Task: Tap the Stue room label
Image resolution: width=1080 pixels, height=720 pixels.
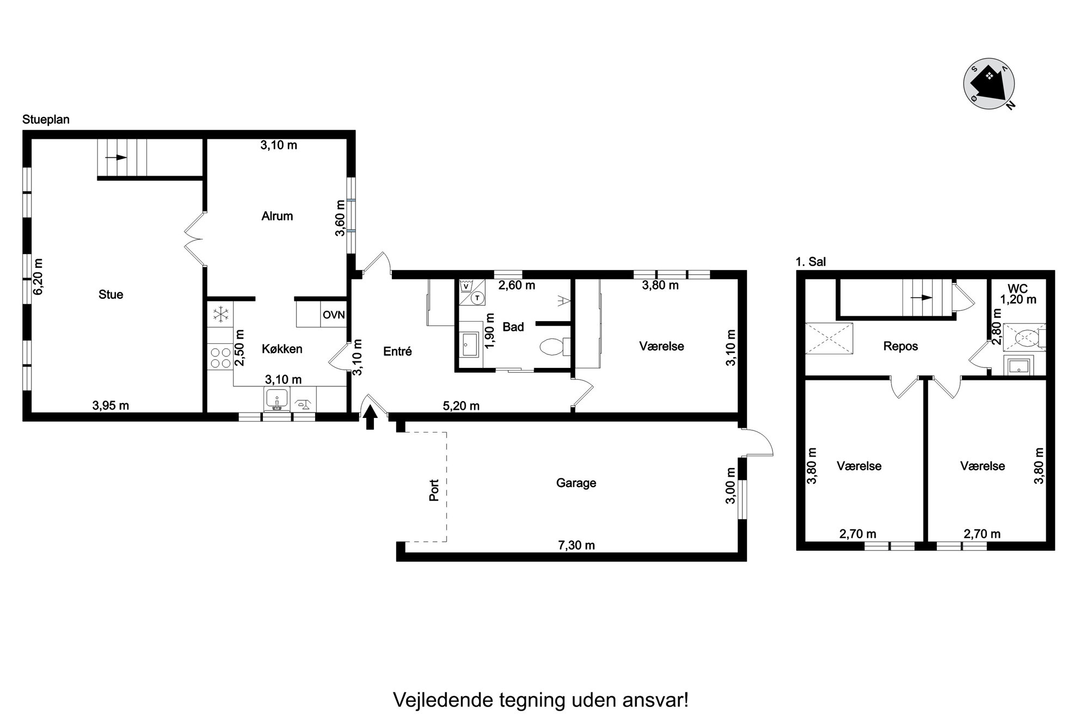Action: (x=111, y=295)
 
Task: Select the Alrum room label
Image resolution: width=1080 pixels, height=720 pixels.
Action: (x=277, y=216)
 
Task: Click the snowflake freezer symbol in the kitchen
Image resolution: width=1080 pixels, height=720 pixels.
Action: (x=220, y=314)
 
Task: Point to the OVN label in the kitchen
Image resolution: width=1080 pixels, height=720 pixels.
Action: (x=333, y=315)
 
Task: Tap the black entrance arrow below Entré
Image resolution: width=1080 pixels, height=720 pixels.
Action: (x=370, y=418)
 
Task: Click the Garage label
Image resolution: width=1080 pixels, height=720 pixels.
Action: (x=576, y=483)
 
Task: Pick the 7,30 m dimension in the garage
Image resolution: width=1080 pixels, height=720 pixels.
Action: (x=576, y=545)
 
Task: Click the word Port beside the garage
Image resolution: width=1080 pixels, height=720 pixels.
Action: (x=434, y=490)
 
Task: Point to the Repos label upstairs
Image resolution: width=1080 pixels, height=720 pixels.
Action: (x=900, y=347)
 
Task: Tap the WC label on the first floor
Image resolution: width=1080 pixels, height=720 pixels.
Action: (x=1017, y=289)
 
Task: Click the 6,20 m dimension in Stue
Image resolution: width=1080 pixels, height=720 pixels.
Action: (x=38, y=276)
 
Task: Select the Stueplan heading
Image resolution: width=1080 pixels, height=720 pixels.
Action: (x=46, y=120)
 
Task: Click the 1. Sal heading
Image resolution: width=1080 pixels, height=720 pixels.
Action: (x=811, y=262)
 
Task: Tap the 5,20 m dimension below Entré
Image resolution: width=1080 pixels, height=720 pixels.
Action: (x=461, y=406)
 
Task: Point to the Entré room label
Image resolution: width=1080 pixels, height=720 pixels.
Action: (x=397, y=352)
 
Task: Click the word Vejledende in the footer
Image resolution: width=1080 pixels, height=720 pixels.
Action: (x=444, y=699)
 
